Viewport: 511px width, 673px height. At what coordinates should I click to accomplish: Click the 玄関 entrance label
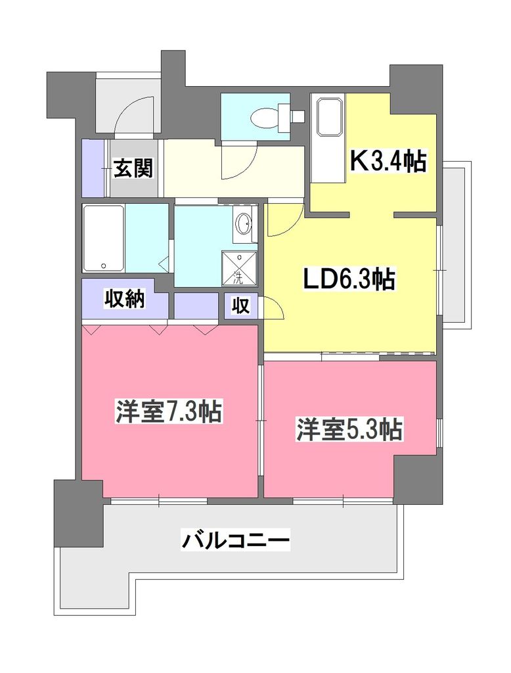point(134,168)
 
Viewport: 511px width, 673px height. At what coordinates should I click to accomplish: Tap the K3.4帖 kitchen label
point(389,161)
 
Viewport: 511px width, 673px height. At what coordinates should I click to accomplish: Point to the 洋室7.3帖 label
point(168,413)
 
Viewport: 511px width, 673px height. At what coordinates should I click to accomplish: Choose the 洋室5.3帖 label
point(349,430)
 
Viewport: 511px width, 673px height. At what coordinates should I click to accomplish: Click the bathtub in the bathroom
point(104,238)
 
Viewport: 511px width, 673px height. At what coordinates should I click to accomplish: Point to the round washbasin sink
point(243,224)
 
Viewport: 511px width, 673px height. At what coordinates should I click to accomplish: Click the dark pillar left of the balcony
point(79,513)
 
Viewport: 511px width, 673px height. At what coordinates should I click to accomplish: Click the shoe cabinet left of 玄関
point(93,168)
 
